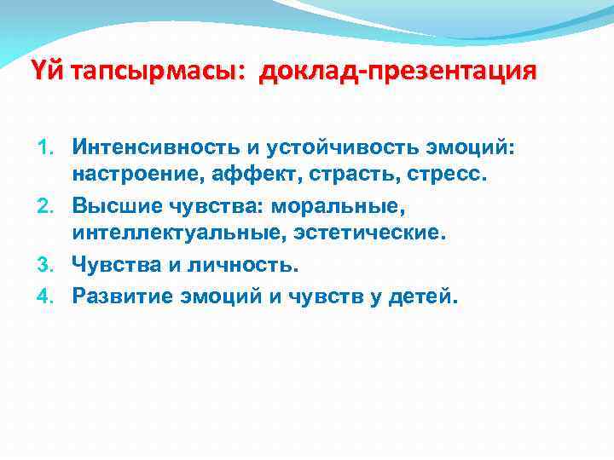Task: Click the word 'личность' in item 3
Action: pyautogui.click(x=242, y=265)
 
